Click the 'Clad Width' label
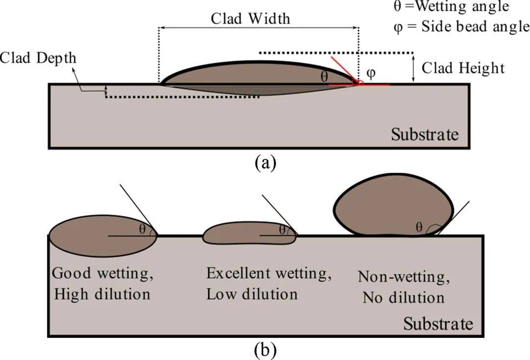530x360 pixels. (x=250, y=19)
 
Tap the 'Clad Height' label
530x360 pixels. (x=463, y=68)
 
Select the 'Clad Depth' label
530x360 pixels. (x=38, y=58)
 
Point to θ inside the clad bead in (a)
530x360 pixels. (x=324, y=77)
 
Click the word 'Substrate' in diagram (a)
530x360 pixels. (x=425, y=134)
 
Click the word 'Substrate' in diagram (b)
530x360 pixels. (x=438, y=324)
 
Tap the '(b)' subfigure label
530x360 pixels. (x=265, y=350)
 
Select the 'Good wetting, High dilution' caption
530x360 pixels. (x=103, y=283)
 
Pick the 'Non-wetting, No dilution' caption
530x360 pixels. (x=404, y=287)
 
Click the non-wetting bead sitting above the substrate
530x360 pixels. (x=393, y=206)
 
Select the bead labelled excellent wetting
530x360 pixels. (x=240, y=234)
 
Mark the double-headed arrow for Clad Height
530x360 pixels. (x=413, y=68)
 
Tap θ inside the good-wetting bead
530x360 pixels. (x=142, y=229)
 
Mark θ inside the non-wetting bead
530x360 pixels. (x=419, y=227)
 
